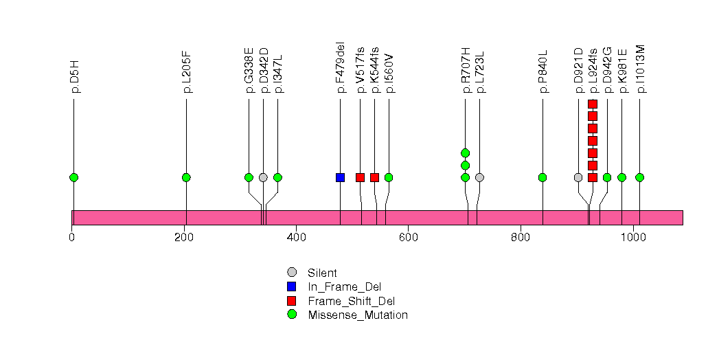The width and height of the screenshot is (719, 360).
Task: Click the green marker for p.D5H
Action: click(73, 177)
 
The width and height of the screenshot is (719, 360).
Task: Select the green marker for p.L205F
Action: click(186, 177)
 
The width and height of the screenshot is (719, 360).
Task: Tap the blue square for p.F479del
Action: click(340, 177)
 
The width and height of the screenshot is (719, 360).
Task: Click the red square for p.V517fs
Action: click(360, 177)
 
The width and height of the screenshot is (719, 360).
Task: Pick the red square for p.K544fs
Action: click(374, 177)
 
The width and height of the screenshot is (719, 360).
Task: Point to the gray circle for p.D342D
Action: click(263, 177)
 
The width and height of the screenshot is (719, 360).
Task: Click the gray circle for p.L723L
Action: click(479, 177)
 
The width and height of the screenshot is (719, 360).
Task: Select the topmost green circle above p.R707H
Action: click(465, 153)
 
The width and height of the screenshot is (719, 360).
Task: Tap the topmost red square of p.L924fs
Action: click(593, 104)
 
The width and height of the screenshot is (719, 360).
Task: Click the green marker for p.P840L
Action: click(543, 177)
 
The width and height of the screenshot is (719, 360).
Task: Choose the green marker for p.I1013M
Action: click(639, 177)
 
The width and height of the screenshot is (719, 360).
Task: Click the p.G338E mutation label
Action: click(249, 70)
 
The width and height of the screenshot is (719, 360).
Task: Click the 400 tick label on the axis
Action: click(296, 238)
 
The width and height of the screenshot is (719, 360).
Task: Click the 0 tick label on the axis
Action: click(72, 238)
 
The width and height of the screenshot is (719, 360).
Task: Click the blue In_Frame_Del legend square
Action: click(292, 286)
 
